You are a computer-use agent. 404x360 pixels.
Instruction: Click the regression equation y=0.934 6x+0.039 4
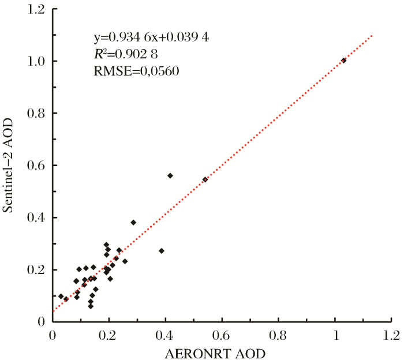(151, 38)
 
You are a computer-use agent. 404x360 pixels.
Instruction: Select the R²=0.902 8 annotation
(126, 54)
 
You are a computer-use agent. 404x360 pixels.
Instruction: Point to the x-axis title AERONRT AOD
(222, 351)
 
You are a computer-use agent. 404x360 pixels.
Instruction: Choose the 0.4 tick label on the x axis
(166, 335)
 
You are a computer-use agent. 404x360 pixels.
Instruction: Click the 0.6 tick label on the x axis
(222, 335)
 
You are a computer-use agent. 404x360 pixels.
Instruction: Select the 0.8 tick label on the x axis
(279, 335)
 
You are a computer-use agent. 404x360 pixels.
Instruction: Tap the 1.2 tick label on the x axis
(392, 335)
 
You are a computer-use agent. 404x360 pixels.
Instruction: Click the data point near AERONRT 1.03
(343, 60)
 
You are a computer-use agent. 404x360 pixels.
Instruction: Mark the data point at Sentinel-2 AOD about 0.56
(170, 175)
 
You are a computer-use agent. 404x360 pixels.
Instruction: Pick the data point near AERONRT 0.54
(205, 179)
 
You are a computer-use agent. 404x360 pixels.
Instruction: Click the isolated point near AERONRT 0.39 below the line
(162, 251)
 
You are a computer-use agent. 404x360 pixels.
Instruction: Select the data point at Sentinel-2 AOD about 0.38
(133, 222)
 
